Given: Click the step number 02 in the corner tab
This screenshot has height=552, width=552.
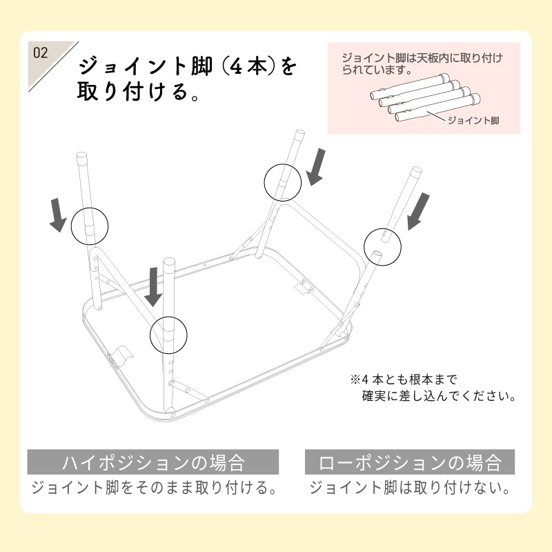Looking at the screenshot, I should tap(40, 53).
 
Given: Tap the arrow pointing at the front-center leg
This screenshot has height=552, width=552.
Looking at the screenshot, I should tap(153, 288).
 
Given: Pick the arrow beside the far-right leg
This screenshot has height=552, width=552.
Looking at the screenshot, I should tap(419, 210).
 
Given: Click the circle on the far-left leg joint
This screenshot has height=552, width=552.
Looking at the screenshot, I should tap(90, 225).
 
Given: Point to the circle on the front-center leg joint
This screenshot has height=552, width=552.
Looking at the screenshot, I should tap(168, 335).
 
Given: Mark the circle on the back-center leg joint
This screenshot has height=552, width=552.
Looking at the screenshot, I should tap(283, 181).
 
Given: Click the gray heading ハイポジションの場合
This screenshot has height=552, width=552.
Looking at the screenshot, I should tap(153, 462).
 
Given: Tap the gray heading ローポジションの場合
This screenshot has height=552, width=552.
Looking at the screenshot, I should tap(410, 462).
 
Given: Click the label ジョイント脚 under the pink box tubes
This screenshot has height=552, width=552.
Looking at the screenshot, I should tap(473, 121).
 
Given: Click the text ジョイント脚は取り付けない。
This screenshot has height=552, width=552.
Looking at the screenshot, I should tap(410, 489).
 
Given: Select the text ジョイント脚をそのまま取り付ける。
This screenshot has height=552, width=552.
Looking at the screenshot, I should tap(153, 489).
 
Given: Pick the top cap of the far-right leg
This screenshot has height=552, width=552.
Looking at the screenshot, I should tap(417, 170).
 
